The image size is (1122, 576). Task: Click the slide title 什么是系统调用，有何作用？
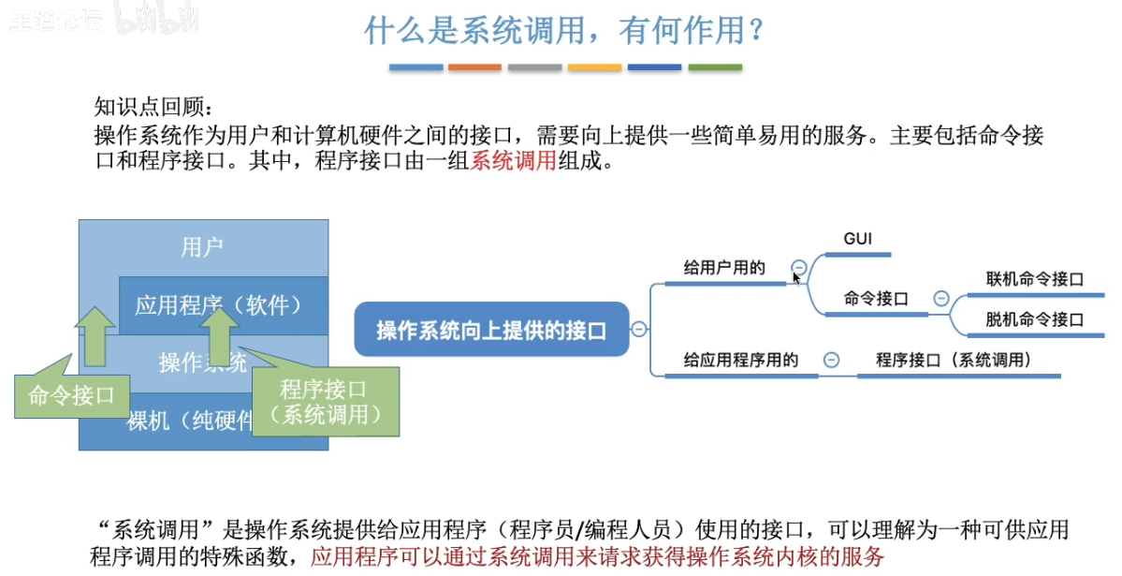(x=564, y=30)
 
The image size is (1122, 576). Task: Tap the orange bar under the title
(x=474, y=67)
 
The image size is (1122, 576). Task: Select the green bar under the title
(x=715, y=67)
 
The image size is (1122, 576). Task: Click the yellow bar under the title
(x=594, y=67)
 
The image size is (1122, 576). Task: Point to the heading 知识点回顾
(x=154, y=105)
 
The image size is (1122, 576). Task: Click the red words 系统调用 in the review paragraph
(x=514, y=160)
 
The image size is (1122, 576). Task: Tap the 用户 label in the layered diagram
(x=203, y=247)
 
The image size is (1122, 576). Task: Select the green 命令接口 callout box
(x=71, y=395)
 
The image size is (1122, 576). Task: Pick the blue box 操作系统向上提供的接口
(x=491, y=330)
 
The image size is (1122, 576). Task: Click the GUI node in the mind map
(x=857, y=239)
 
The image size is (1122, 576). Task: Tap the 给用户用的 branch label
(x=724, y=268)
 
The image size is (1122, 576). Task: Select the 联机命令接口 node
(x=1034, y=279)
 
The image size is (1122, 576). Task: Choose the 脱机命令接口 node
(x=1034, y=319)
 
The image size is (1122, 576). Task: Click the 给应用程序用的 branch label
(x=740, y=360)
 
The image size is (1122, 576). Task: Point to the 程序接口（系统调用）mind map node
(x=954, y=360)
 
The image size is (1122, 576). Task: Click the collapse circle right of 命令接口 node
(x=941, y=299)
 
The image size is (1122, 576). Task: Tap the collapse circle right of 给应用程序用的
(x=831, y=360)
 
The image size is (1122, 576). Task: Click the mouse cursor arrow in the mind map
(x=796, y=277)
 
